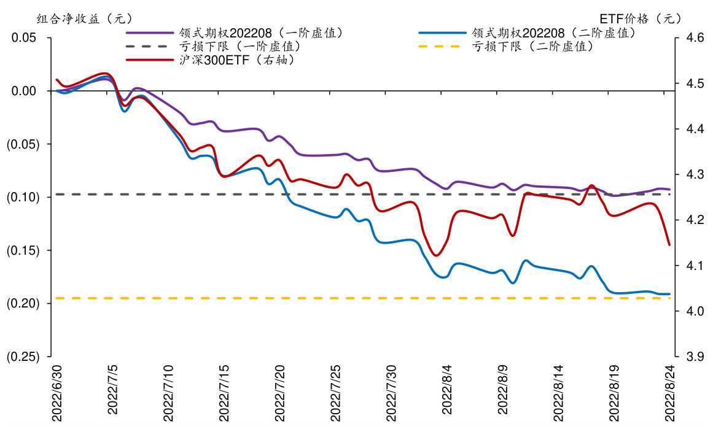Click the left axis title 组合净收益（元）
tap(85, 18)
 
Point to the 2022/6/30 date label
tap(57, 393)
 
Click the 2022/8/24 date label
tap(671, 393)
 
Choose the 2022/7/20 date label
tap(280, 393)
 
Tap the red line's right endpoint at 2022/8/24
tap(669, 245)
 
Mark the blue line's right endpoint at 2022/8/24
tap(669, 294)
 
